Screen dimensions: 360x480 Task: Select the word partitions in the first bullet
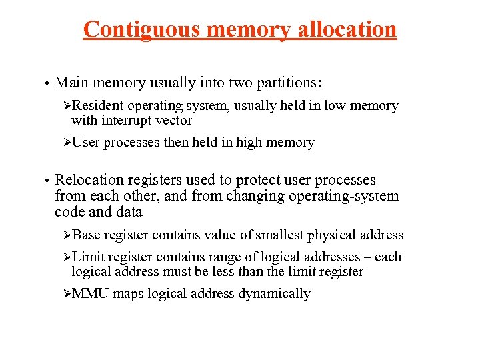coord(287,83)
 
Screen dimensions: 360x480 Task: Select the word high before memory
coord(251,143)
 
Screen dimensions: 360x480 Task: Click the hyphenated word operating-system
coord(344,196)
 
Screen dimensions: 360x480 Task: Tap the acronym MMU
coord(91,294)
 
